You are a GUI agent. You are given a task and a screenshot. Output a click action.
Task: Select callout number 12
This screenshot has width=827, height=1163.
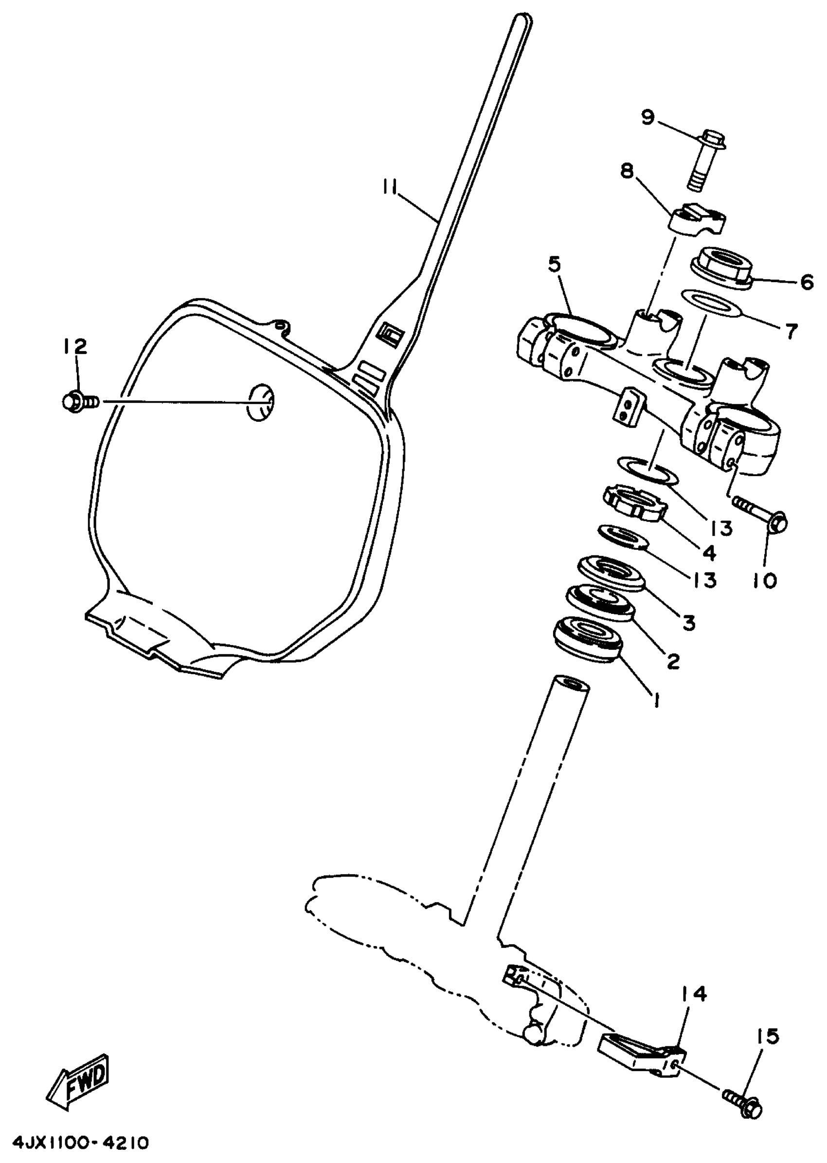coord(75,347)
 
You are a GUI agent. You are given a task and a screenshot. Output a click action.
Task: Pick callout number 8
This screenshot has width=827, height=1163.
coord(627,172)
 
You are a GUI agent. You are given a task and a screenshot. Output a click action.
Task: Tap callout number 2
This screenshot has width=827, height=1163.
coord(672,661)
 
